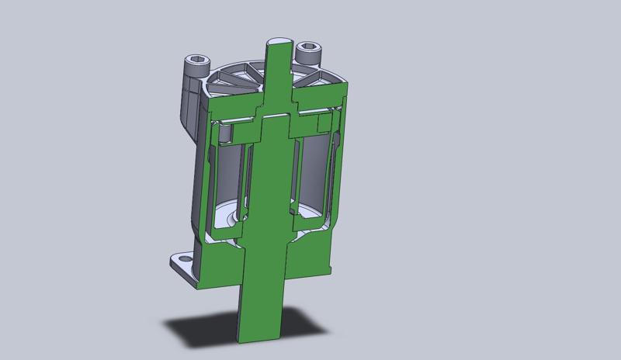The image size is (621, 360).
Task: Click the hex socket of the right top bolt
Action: [x=309, y=49]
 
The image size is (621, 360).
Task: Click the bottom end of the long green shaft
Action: [x=261, y=335]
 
